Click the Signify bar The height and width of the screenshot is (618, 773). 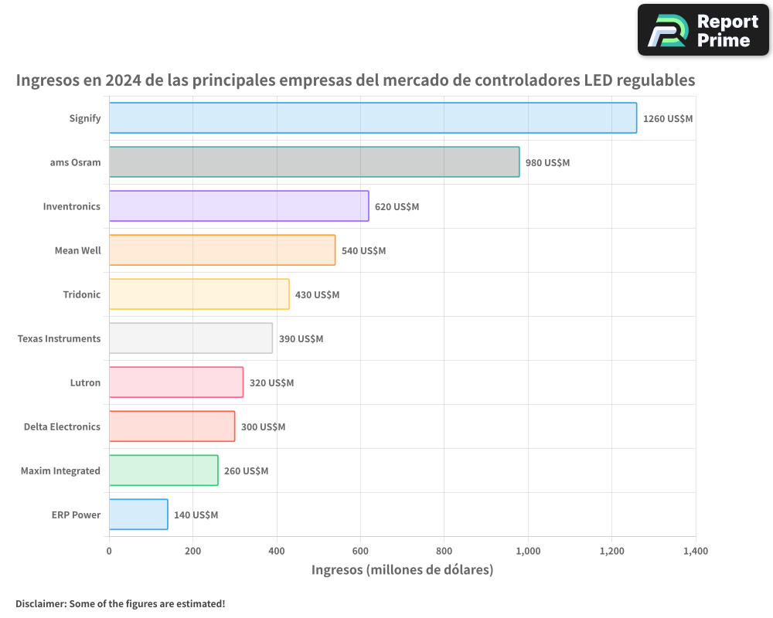click(x=373, y=118)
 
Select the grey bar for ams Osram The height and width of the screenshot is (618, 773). click(x=314, y=162)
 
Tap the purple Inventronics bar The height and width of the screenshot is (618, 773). click(x=239, y=206)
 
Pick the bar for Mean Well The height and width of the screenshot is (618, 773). click(x=222, y=250)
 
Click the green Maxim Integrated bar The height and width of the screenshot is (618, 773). click(x=163, y=470)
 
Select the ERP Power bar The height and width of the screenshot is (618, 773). click(x=138, y=514)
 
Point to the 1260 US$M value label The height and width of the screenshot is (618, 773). click(x=668, y=119)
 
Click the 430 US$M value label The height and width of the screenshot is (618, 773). click(x=317, y=295)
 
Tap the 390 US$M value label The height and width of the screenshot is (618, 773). click(x=301, y=339)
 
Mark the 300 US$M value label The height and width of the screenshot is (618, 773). click(x=263, y=427)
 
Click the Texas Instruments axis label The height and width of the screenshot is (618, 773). click(x=59, y=339)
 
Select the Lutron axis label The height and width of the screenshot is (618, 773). click(x=85, y=383)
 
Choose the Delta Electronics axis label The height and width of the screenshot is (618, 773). click(x=62, y=427)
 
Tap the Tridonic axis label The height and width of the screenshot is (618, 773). click(x=81, y=295)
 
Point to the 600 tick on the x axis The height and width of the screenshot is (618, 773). click(x=360, y=552)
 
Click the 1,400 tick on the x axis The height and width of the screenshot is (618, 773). click(x=695, y=552)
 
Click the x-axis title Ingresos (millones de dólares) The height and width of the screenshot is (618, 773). click(x=402, y=570)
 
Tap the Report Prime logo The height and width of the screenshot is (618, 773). click(x=703, y=30)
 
